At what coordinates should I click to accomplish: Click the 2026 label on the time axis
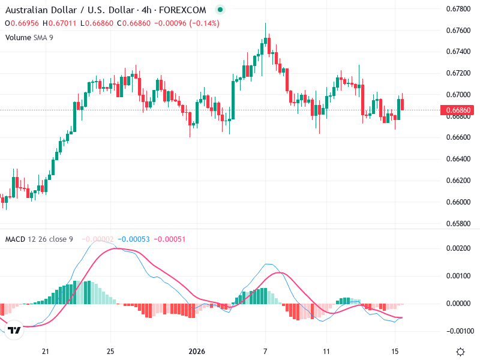[x=197, y=351]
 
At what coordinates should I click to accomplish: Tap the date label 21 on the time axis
[x=45, y=351]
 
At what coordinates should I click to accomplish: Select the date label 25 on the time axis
[x=110, y=351]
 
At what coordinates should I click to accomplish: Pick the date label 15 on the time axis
[x=394, y=351]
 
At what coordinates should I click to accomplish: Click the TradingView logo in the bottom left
[x=15, y=331]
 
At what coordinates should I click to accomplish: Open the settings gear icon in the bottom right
[x=460, y=352]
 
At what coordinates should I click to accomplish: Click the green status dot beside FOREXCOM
[x=220, y=10]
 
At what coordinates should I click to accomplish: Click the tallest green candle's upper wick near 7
[x=265, y=27]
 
